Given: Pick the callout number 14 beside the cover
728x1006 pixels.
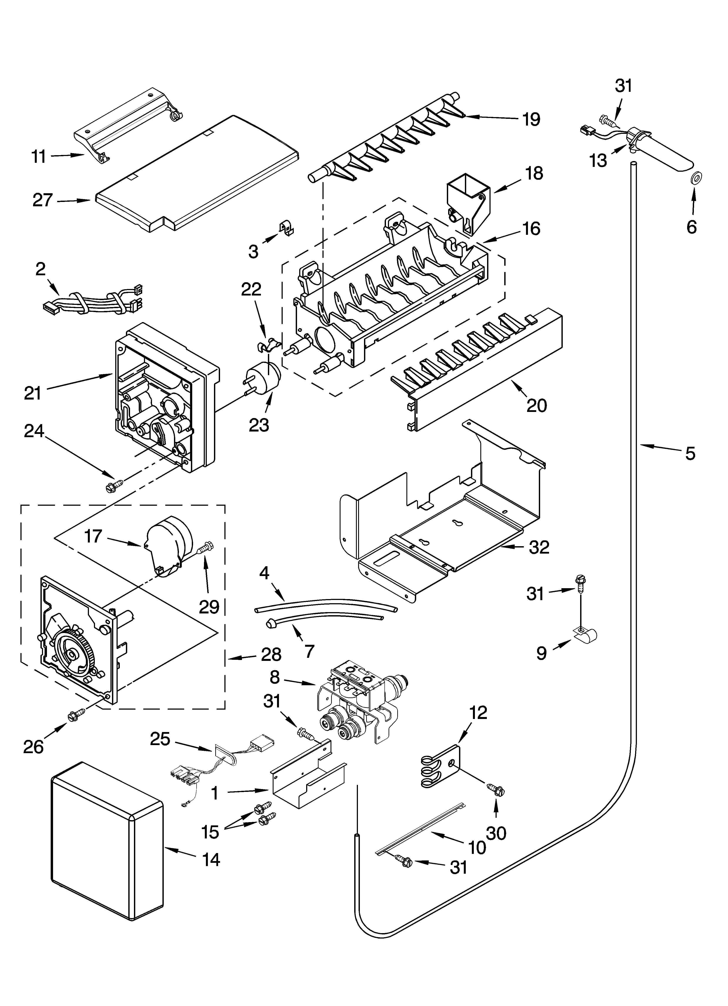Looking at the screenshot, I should pos(211,860).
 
